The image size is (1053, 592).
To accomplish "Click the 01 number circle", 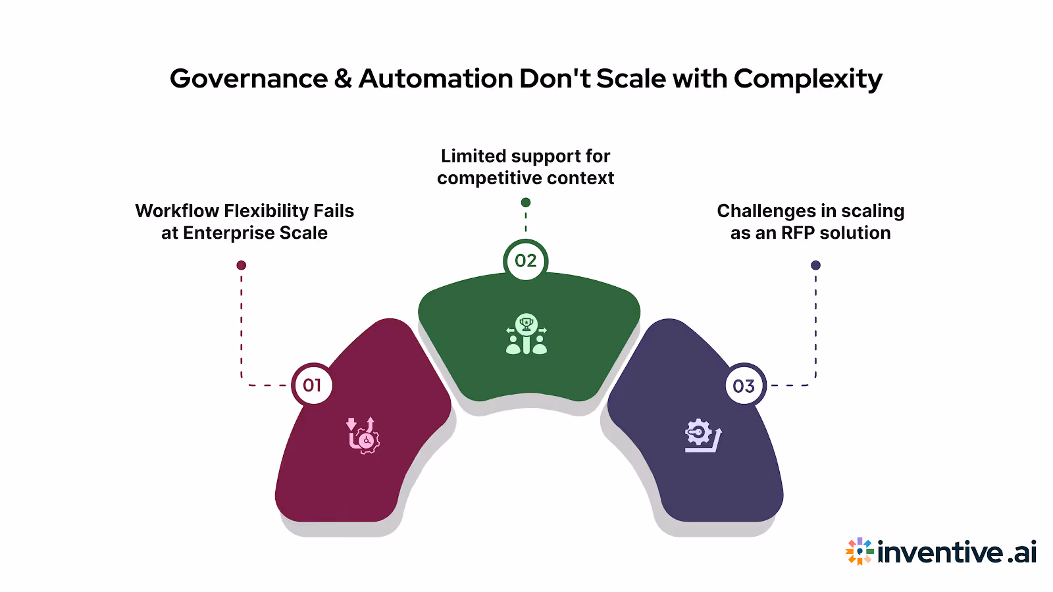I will [312, 385].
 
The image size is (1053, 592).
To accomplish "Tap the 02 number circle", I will [525, 260].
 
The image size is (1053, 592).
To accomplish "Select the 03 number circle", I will [744, 385].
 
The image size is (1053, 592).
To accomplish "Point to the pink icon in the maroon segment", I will [363, 435].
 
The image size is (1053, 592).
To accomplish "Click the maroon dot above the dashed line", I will [242, 265].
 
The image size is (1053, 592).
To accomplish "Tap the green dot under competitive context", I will [525, 203].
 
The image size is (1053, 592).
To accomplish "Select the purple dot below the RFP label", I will [815, 265].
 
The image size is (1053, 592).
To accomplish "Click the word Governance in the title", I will [249, 79].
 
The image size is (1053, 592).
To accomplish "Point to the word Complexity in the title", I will [808, 79].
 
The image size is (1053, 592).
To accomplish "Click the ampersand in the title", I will [343, 79].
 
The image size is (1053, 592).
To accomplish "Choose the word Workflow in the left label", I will [177, 210].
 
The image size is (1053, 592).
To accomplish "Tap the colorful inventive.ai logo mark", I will [860, 551].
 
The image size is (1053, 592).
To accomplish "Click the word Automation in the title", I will [436, 79].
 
